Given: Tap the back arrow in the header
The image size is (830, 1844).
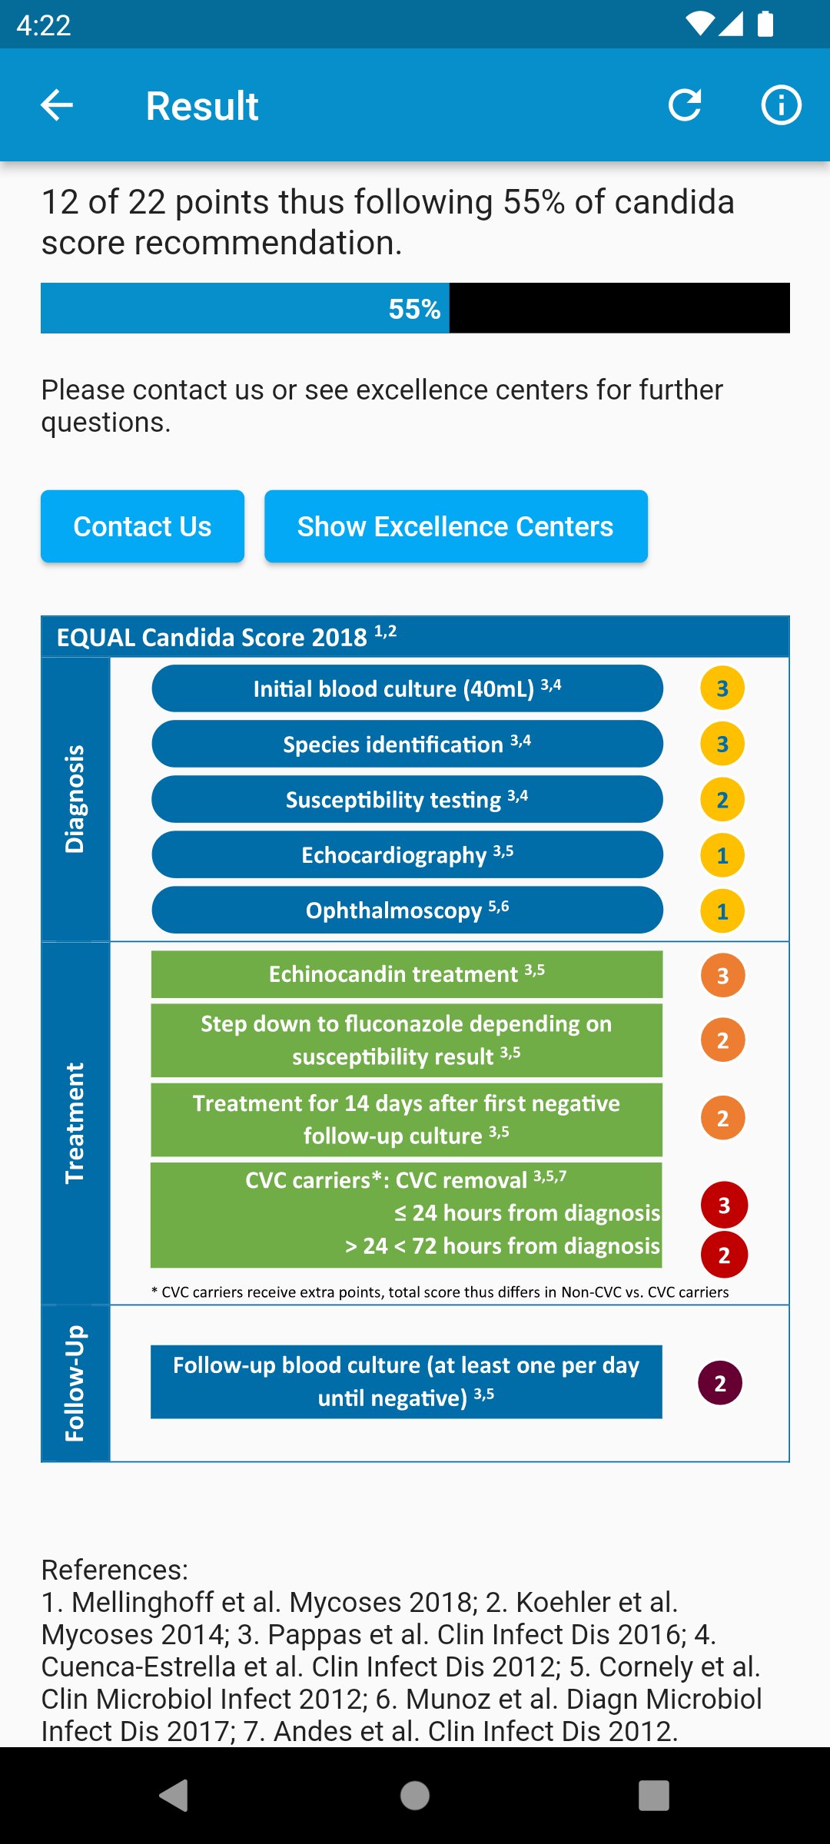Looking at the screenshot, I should click(57, 105).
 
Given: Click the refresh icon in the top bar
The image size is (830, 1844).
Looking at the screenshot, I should click(685, 105).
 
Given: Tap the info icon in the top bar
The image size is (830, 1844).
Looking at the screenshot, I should click(781, 105).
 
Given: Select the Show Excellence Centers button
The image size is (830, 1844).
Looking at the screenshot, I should click(456, 526).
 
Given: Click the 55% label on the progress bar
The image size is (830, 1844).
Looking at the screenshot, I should click(414, 309).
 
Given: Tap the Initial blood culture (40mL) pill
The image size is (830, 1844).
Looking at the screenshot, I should click(407, 688).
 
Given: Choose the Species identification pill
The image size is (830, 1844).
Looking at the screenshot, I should click(407, 744).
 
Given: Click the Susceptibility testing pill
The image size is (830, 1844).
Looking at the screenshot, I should click(407, 799).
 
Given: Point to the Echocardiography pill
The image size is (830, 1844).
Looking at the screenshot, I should click(407, 854).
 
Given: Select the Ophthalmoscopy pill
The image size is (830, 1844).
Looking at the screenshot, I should click(407, 910).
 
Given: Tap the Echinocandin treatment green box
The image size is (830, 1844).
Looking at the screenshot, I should click(407, 973).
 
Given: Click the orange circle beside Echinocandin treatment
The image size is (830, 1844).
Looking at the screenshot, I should click(722, 975).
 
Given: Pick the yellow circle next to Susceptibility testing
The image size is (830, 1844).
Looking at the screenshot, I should click(722, 800).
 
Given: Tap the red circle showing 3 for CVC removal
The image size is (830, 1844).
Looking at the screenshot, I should click(724, 1205).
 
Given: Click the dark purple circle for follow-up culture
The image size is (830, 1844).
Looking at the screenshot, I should click(720, 1383).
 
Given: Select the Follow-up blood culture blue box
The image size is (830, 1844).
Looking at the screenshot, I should click(407, 1381).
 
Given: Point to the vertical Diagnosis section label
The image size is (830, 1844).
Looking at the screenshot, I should click(75, 799).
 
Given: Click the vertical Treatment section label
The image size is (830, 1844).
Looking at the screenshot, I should click(75, 1123).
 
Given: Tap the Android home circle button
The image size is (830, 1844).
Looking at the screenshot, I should click(415, 1796).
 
